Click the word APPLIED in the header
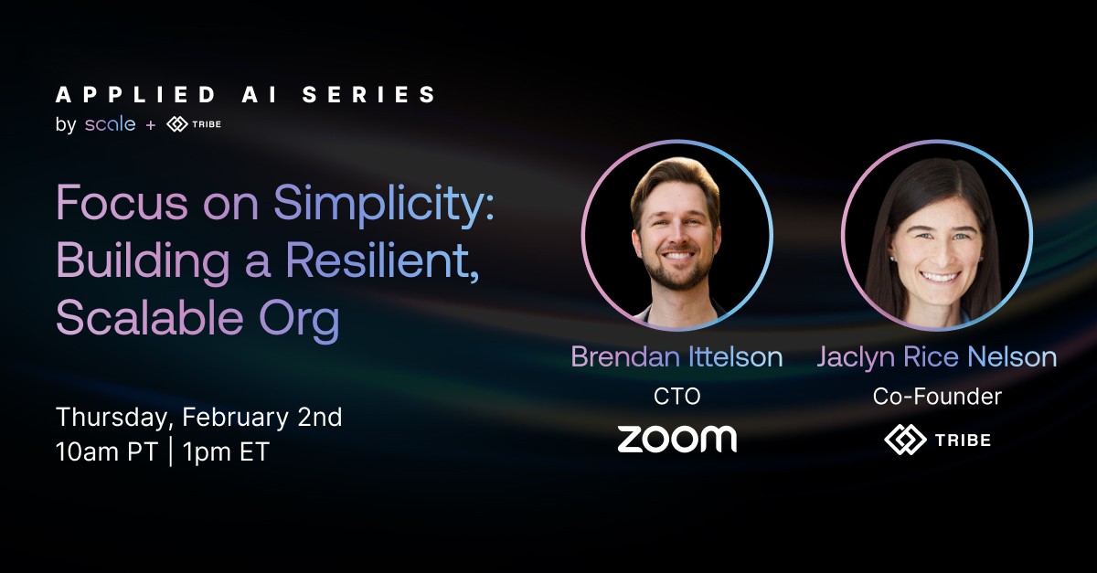point(135,94)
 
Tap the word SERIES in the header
point(368,94)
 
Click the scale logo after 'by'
point(111,124)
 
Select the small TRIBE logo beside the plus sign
point(194,124)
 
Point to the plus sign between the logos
point(151,125)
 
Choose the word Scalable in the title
point(150,317)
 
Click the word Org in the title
point(299,321)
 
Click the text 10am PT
point(106,451)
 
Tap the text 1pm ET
point(226,451)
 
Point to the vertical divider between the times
point(170,451)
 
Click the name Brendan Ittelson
point(676,356)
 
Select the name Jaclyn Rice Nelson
point(937,357)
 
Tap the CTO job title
point(676,397)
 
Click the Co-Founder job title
point(937,397)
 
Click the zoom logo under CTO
point(676,439)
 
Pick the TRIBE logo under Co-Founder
point(937,440)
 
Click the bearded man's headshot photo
point(676,235)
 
